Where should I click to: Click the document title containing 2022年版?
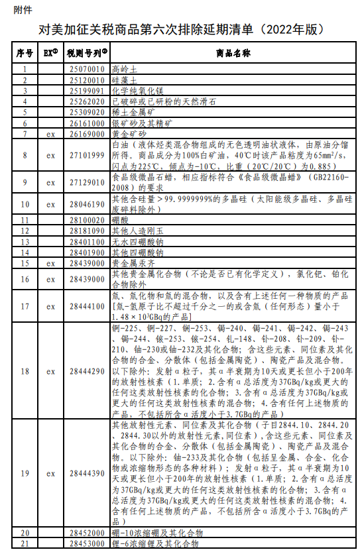[x=180, y=31]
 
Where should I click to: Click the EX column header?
[x=51, y=53]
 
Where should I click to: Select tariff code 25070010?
[x=86, y=69]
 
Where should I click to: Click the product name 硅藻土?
[x=126, y=80]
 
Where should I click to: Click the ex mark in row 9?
[x=50, y=182]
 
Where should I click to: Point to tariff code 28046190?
[x=86, y=203]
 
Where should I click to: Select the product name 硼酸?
[x=121, y=219]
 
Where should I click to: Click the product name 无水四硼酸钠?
[x=135, y=241]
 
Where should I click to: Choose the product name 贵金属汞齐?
[x=131, y=263]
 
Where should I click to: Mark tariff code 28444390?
[x=86, y=474]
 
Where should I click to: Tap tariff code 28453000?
[x=86, y=543]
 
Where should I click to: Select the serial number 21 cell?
[x=25, y=543]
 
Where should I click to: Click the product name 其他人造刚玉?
[x=135, y=230]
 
